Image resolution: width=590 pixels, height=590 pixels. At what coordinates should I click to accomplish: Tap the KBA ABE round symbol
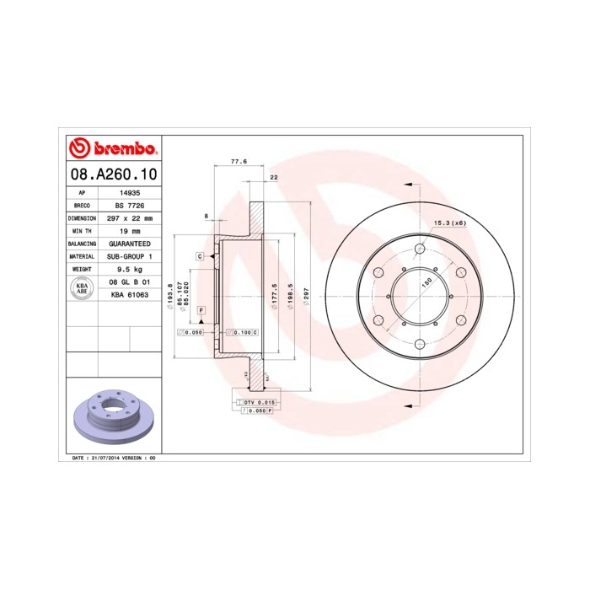83,288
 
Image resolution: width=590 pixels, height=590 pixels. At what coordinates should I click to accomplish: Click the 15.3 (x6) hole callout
449,223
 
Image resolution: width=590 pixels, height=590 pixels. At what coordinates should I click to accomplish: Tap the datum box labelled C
201,255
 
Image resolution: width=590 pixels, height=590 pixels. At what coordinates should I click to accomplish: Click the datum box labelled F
201,311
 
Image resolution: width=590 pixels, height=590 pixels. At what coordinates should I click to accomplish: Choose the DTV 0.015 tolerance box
260,403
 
